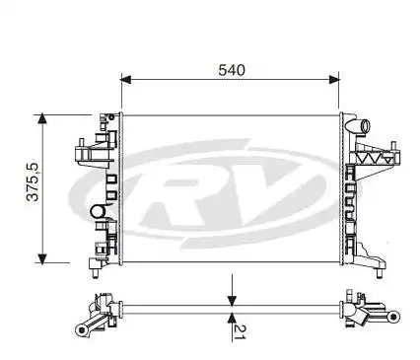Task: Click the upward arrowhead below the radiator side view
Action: pos(232,317)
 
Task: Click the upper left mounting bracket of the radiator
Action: pos(89,150)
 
